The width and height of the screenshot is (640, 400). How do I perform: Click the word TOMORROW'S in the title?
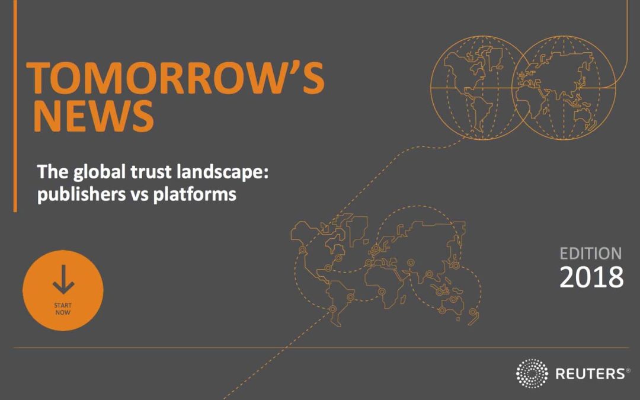[175, 78]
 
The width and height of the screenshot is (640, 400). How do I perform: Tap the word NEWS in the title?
[94, 116]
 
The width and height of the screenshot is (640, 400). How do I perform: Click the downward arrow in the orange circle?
[63, 280]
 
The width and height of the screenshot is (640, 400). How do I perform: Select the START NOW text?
[63, 309]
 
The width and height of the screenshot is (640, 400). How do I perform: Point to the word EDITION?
[591, 254]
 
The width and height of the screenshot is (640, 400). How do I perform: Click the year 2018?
[591, 277]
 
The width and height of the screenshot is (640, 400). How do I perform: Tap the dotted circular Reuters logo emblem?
[532, 373]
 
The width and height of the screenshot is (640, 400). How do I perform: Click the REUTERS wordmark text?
[590, 373]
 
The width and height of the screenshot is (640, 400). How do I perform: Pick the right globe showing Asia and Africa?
[564, 87]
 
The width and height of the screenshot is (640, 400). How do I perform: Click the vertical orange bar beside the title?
[15, 106]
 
